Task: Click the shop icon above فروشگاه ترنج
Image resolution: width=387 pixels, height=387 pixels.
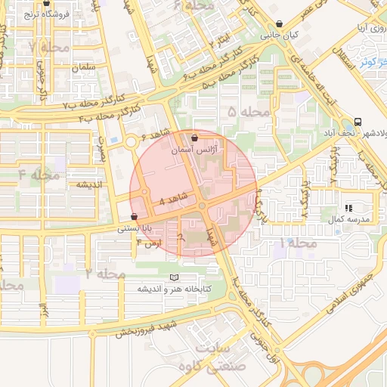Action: click(46, 4)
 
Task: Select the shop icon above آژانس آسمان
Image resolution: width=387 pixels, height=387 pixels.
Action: click(196, 138)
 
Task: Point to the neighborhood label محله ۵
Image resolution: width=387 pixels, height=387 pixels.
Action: click(249, 112)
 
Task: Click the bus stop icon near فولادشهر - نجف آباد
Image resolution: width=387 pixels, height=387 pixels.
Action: click(358, 122)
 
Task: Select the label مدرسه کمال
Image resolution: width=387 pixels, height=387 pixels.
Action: click(347, 219)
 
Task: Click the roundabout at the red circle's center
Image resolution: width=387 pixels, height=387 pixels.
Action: click(202, 206)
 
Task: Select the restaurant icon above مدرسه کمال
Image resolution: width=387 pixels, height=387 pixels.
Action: click(348, 208)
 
